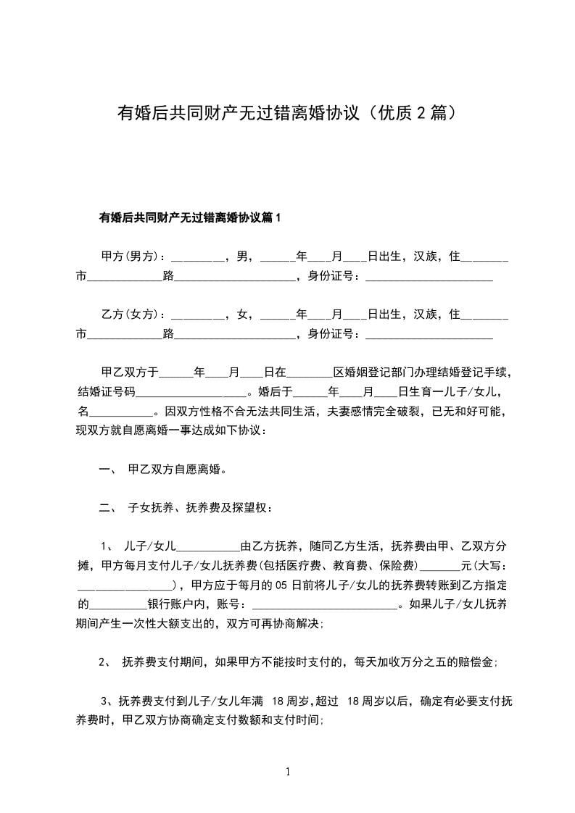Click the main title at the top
287,114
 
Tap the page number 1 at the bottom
288,772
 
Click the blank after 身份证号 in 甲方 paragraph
429,276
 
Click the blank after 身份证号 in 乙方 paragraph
429,334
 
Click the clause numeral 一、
107,470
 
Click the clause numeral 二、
107,508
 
